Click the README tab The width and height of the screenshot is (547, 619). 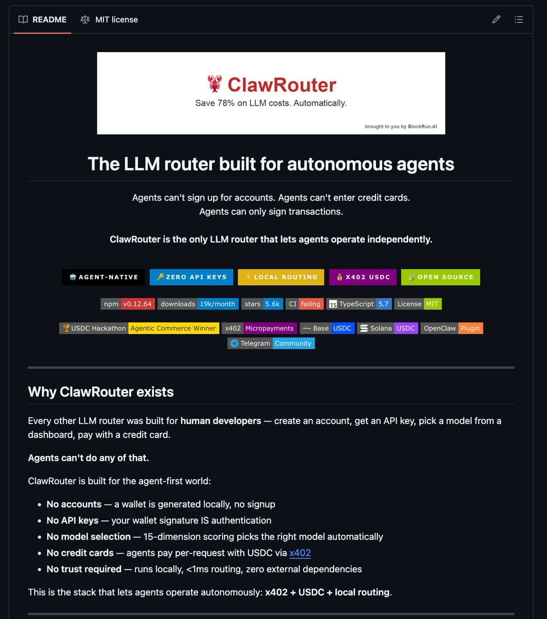coord(43,20)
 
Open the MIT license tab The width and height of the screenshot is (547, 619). coord(110,20)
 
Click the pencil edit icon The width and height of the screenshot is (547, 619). coord(496,20)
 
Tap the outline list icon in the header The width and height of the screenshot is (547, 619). coord(519,20)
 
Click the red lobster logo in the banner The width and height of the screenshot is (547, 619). coord(214,84)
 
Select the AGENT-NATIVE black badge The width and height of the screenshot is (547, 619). coord(103,277)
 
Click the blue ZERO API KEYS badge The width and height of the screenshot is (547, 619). coord(191,277)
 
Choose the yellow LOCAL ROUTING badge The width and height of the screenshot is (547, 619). coord(281,277)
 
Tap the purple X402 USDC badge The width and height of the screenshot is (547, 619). coord(363,277)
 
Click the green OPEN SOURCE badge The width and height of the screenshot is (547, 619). coord(440,277)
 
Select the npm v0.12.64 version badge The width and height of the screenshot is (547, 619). coord(128,304)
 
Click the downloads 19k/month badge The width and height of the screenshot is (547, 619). coord(198,304)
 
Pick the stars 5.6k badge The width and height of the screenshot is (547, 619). coord(262,304)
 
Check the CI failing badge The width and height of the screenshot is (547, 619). coord(305,304)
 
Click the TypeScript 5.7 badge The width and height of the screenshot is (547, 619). coord(360,304)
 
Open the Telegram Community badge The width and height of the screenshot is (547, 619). coord(271,343)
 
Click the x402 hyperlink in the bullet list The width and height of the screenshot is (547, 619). coord(300,553)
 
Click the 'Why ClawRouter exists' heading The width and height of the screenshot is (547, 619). coord(101,392)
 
